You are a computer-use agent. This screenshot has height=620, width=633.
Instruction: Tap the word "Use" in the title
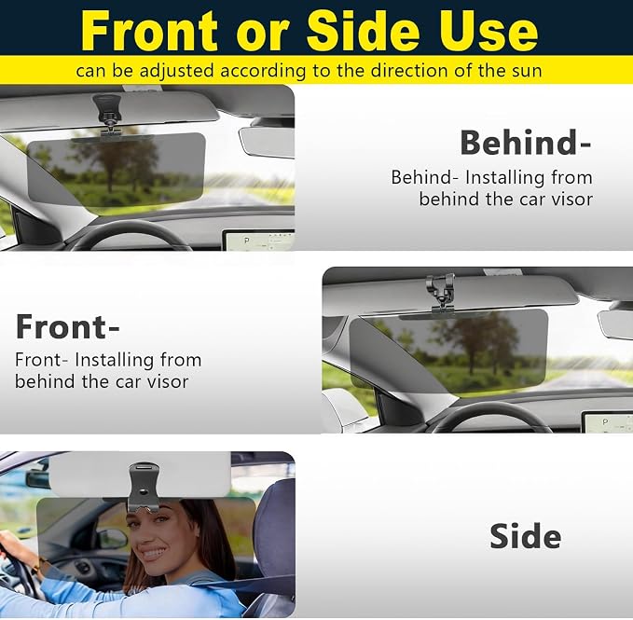[489, 30]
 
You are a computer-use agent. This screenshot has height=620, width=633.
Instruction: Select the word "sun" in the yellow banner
[526, 71]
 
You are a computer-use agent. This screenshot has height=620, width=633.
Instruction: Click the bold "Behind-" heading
[525, 143]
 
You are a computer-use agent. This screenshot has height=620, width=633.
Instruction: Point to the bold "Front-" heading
[67, 327]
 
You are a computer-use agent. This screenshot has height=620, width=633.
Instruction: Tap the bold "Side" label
[525, 536]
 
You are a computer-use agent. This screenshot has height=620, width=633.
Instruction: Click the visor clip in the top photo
[108, 116]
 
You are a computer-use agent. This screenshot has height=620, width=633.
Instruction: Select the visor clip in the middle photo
[440, 294]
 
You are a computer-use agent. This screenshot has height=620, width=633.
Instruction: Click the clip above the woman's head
[144, 488]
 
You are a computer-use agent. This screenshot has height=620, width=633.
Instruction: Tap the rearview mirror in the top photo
[267, 142]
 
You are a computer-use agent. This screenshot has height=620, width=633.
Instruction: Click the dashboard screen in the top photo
[259, 241]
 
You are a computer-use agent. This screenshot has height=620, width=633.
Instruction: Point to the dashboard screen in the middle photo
[607, 422]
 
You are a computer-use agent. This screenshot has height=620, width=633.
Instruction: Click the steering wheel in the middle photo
[491, 408]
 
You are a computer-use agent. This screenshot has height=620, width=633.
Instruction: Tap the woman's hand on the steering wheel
[15, 545]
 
